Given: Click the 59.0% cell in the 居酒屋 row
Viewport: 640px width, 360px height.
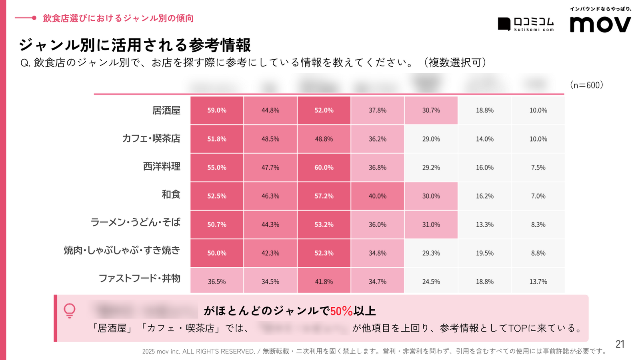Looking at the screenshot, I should [217, 110].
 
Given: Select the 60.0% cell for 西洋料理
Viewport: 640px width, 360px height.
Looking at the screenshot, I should [324, 168].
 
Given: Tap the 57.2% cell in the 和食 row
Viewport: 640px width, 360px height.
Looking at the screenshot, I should [324, 196].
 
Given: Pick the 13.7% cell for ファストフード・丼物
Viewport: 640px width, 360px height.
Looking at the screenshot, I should [538, 282].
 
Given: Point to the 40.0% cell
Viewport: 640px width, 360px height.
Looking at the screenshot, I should [378, 196].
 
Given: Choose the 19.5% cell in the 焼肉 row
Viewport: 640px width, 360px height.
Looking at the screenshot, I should [485, 253].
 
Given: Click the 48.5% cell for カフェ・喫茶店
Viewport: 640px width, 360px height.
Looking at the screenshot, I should [270, 139].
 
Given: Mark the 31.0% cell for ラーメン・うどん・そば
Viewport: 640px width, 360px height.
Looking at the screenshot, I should [431, 225].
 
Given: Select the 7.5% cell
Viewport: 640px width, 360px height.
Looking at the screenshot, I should [538, 168].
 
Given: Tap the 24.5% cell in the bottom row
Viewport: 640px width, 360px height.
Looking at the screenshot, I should [431, 282].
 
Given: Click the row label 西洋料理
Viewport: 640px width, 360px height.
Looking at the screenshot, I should [162, 166].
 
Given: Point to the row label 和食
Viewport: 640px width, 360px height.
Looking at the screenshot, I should [171, 194].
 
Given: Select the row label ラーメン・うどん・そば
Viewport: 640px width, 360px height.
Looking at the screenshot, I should [135, 222].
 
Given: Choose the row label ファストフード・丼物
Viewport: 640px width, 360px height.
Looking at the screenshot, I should [139, 278].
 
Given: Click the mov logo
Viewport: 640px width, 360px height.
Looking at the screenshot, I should [600, 25].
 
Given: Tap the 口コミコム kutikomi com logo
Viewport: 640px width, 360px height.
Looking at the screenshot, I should [526, 24].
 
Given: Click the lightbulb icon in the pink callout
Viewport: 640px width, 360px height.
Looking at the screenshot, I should [70, 310].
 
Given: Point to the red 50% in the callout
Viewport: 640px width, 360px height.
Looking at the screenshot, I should [341, 311].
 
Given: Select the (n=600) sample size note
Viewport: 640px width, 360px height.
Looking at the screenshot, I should [586, 85].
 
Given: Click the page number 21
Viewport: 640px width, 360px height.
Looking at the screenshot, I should [620, 344].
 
